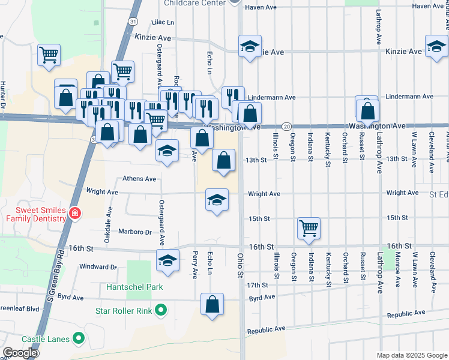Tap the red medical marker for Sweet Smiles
tap(74, 213)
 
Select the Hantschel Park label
tap(134, 287)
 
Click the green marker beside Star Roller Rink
tap(160, 310)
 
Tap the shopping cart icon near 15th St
tap(309, 228)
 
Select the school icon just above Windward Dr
tap(167, 260)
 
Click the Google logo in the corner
tap(20, 353)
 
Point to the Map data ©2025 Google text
tap(411, 355)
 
